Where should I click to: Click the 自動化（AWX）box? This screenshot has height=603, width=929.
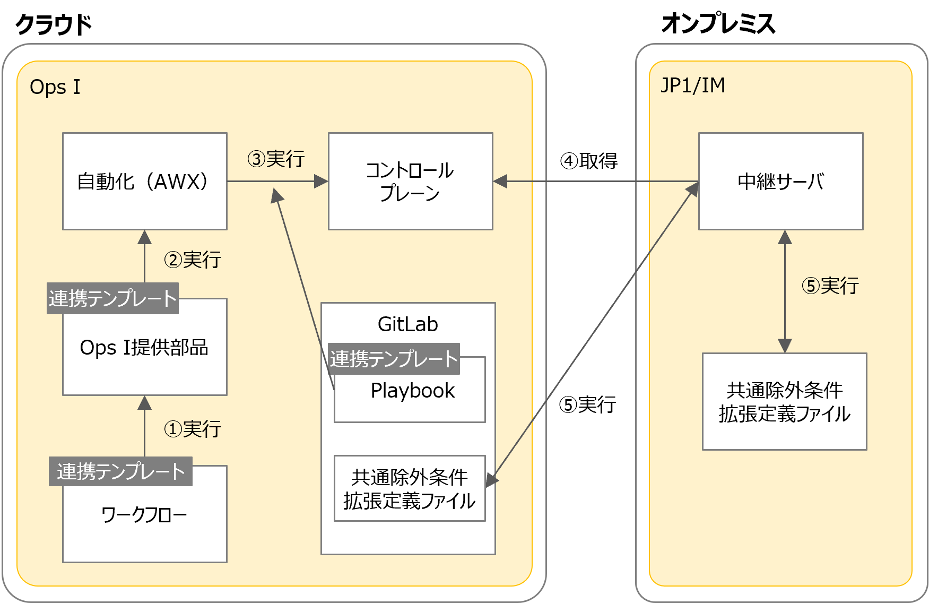[x=144, y=181]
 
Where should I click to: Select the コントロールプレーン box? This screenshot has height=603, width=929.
[x=410, y=181]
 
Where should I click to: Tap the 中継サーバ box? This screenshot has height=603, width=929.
[x=780, y=181]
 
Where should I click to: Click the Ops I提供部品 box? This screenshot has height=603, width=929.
[x=144, y=348]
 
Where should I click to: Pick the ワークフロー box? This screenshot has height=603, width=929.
[x=144, y=514]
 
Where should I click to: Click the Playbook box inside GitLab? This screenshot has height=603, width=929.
[x=412, y=391]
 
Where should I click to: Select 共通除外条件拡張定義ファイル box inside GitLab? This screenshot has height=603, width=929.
[x=409, y=488]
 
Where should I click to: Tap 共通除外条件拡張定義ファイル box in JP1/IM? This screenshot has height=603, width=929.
[x=784, y=402]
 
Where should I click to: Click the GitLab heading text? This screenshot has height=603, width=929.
[x=407, y=324]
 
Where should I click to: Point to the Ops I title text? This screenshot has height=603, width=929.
[x=55, y=87]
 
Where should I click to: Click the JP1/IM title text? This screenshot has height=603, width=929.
[x=692, y=85]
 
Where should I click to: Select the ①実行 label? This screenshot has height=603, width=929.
[x=192, y=429]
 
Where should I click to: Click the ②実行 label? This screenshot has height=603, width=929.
[x=192, y=260]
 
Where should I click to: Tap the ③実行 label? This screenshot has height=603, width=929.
[x=276, y=159]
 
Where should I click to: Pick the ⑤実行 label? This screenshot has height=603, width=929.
[x=830, y=286]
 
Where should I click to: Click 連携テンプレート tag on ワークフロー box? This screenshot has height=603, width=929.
[x=120, y=471]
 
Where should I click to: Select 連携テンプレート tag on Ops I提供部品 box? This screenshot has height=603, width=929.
[x=112, y=298]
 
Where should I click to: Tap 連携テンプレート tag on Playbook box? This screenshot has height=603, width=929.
[x=394, y=359]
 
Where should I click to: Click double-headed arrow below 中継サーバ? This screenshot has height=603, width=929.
[x=785, y=291]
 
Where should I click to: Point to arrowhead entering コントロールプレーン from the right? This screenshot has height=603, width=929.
[x=500, y=181]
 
